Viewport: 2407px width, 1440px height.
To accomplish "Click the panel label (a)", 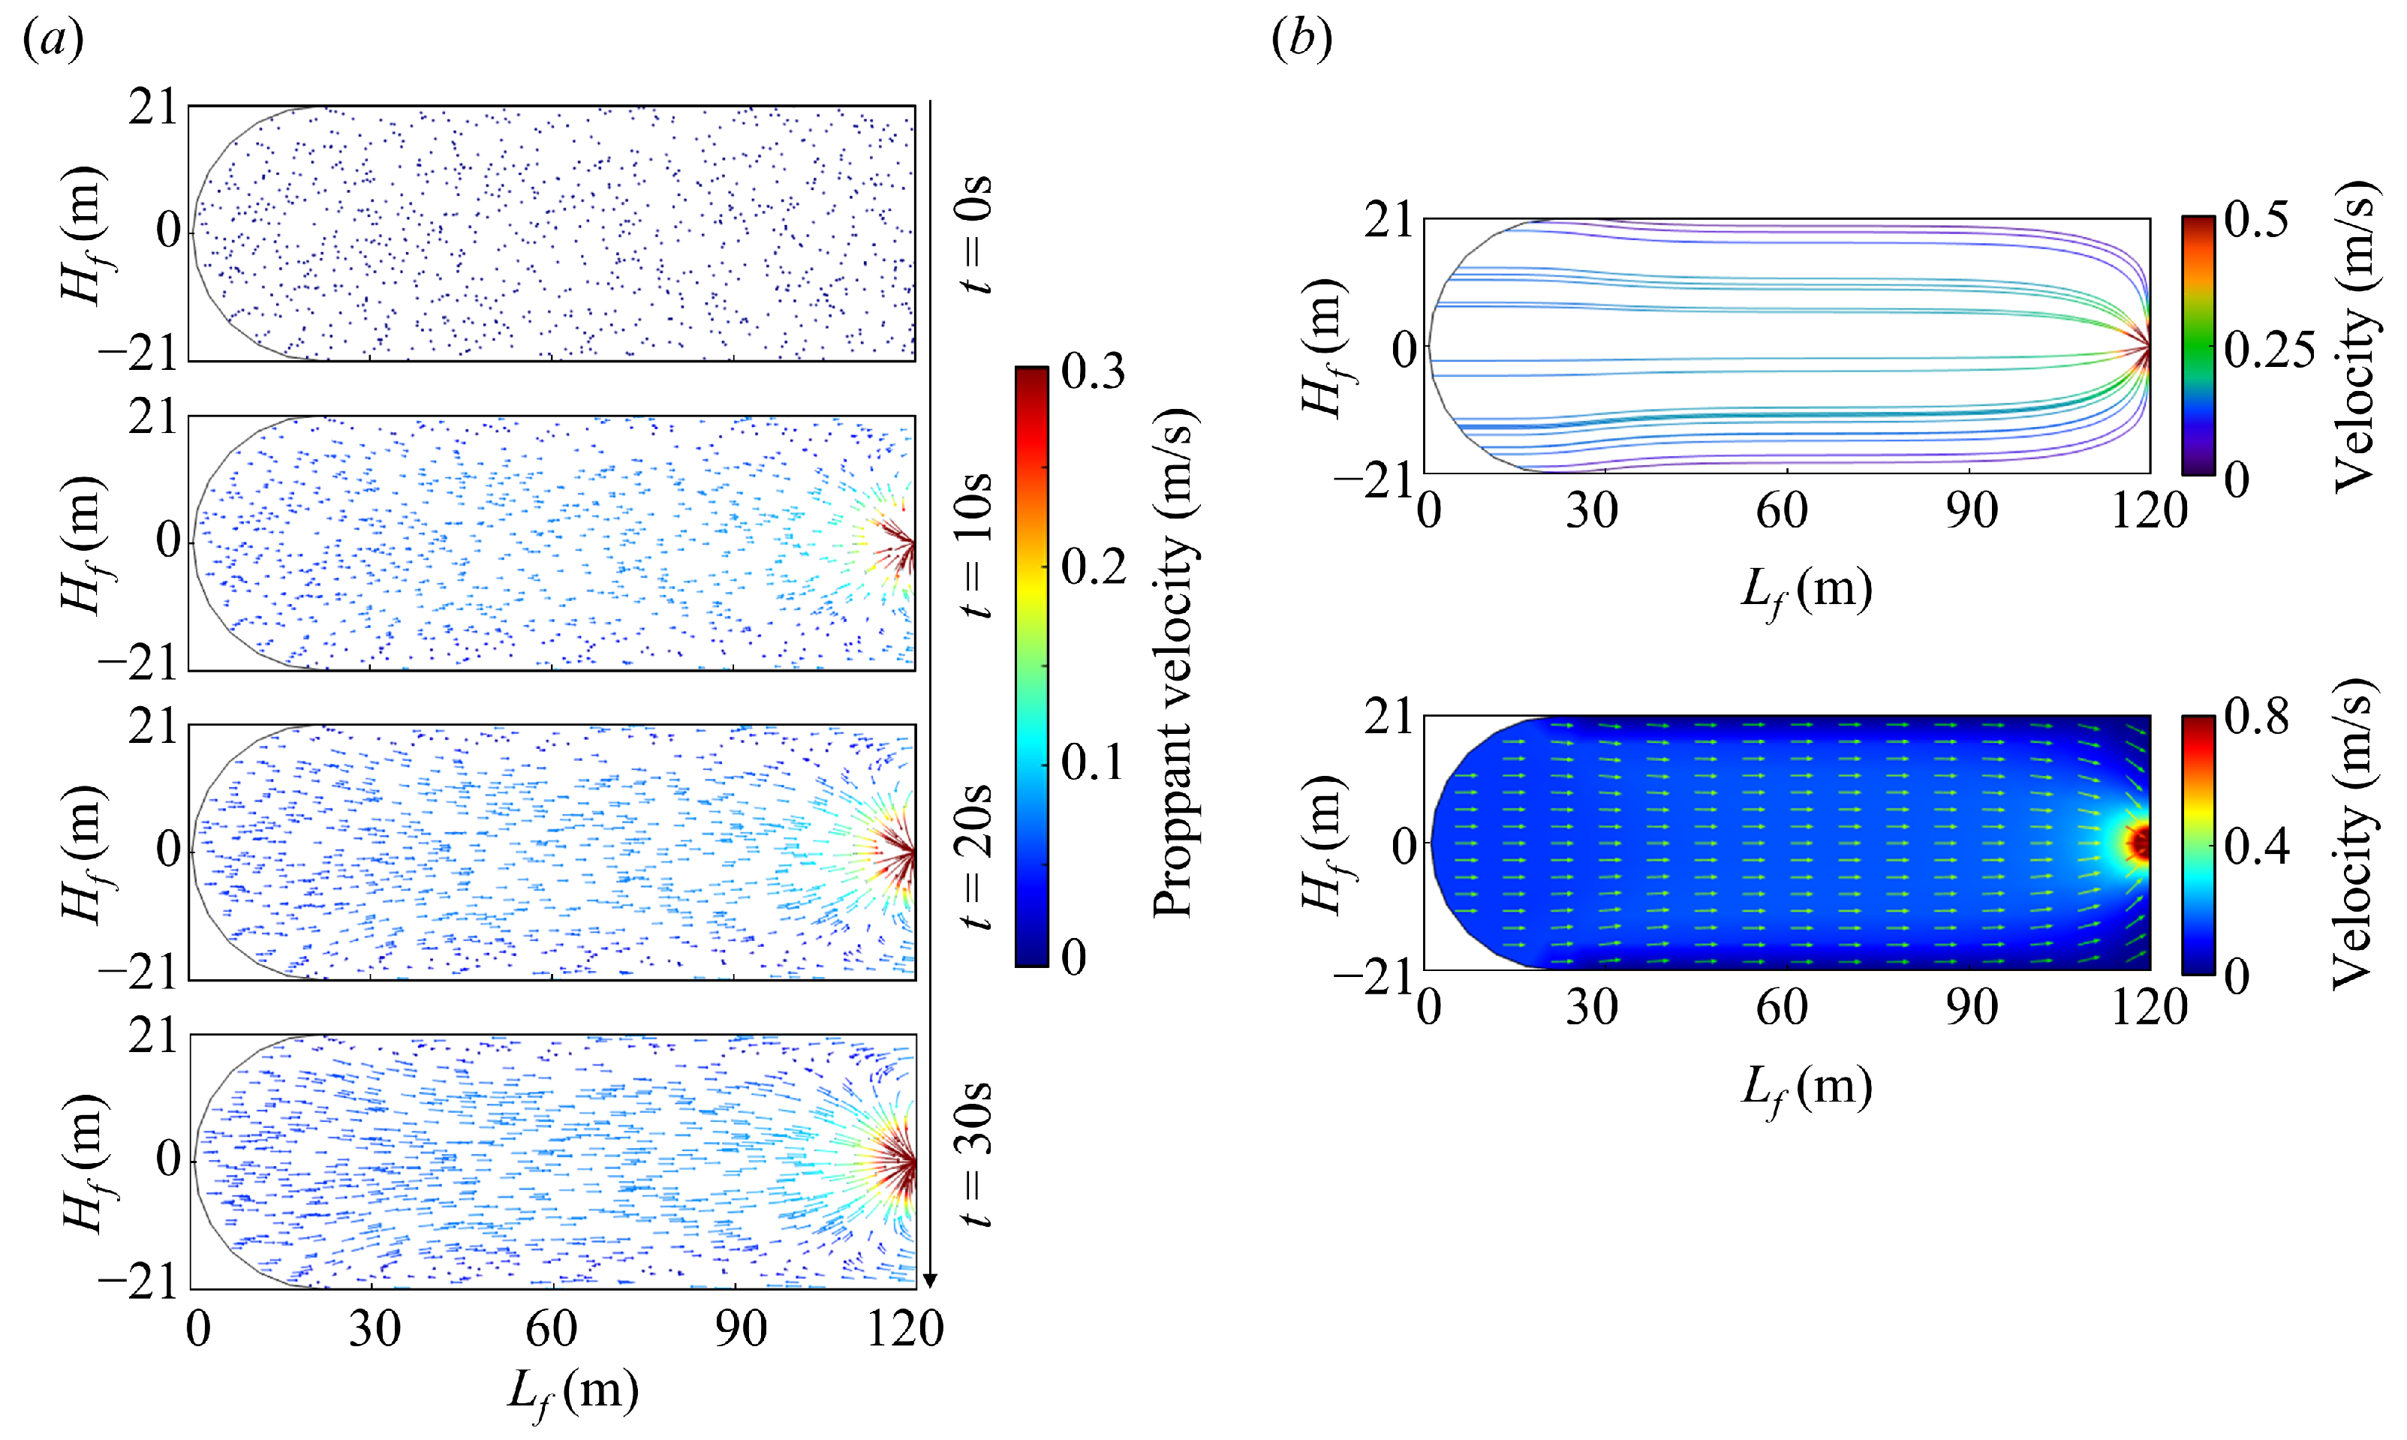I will coord(53,40).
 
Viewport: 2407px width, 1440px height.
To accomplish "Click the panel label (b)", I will coord(1301,40).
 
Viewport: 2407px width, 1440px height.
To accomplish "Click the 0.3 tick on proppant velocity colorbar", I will coord(1093,371).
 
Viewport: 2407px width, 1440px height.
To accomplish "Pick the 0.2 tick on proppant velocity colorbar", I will coord(1093,567).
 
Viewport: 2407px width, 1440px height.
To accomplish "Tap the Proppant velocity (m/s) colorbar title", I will coord(1175,665).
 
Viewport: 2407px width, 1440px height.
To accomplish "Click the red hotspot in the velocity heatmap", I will coord(2138,842).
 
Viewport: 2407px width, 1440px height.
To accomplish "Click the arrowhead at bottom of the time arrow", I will coord(930,1281).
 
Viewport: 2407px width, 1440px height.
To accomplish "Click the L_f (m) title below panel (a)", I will coord(573,1393).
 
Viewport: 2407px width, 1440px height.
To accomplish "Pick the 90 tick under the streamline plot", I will coord(1970,510).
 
